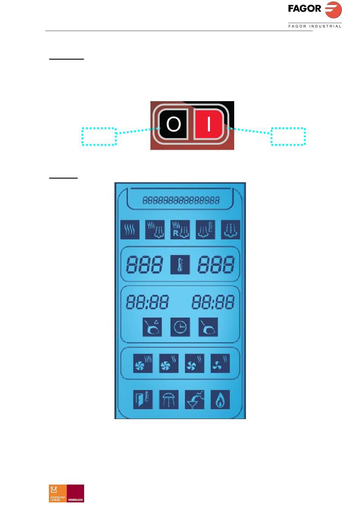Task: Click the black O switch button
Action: coord(174,124)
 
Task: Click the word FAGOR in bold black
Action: coord(304,8)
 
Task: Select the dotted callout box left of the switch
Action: coord(99,137)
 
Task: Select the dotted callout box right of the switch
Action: coord(288,137)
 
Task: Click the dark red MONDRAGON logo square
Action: coord(75,493)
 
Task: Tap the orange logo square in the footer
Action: coord(58,493)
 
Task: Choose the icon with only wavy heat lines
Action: coord(130,230)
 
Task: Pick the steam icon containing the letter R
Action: coord(180,230)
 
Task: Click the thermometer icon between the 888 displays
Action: coord(180,264)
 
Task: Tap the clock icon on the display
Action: coord(180,327)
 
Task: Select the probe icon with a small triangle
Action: coord(152,327)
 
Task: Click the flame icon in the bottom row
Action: coord(220,400)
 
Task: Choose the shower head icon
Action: coord(169,400)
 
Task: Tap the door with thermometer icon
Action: coord(143,400)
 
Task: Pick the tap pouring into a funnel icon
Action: coord(194,400)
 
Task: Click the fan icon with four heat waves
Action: coord(143,363)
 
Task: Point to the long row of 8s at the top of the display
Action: coord(181,200)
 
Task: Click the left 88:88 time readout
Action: coord(147,302)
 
